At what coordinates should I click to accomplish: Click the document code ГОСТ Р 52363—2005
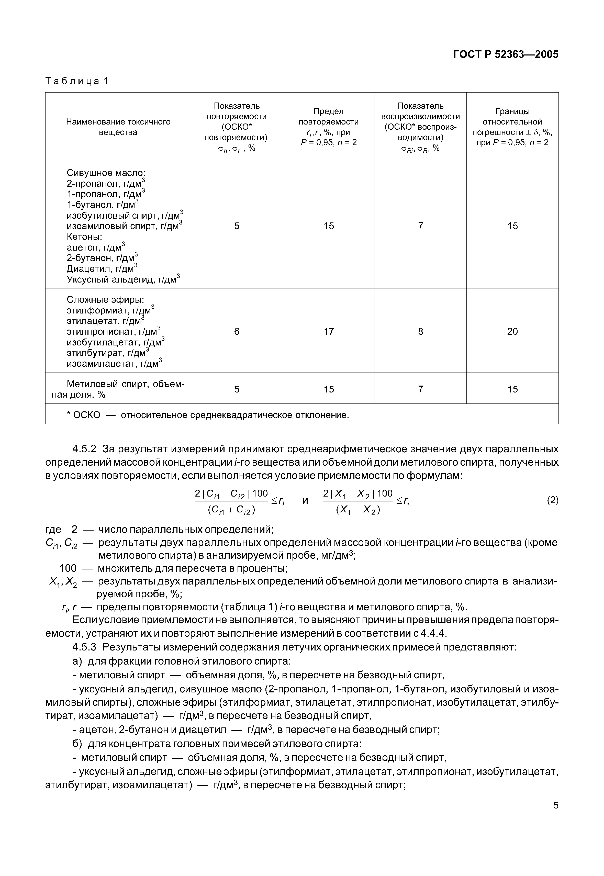tap(505, 54)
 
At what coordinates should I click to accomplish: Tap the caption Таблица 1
tap(77, 81)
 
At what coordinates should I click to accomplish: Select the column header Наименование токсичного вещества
tap(118, 127)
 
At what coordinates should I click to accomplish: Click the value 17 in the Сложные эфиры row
tap(329, 331)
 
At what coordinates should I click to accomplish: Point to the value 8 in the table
tap(420, 331)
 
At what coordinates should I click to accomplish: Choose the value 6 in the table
tap(237, 331)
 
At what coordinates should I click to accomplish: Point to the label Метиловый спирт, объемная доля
tap(118, 389)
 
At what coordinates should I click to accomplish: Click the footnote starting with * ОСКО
tap(207, 415)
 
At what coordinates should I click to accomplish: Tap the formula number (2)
tap(552, 500)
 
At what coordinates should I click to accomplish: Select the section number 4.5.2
tap(84, 449)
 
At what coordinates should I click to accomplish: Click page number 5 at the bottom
tap(556, 816)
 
